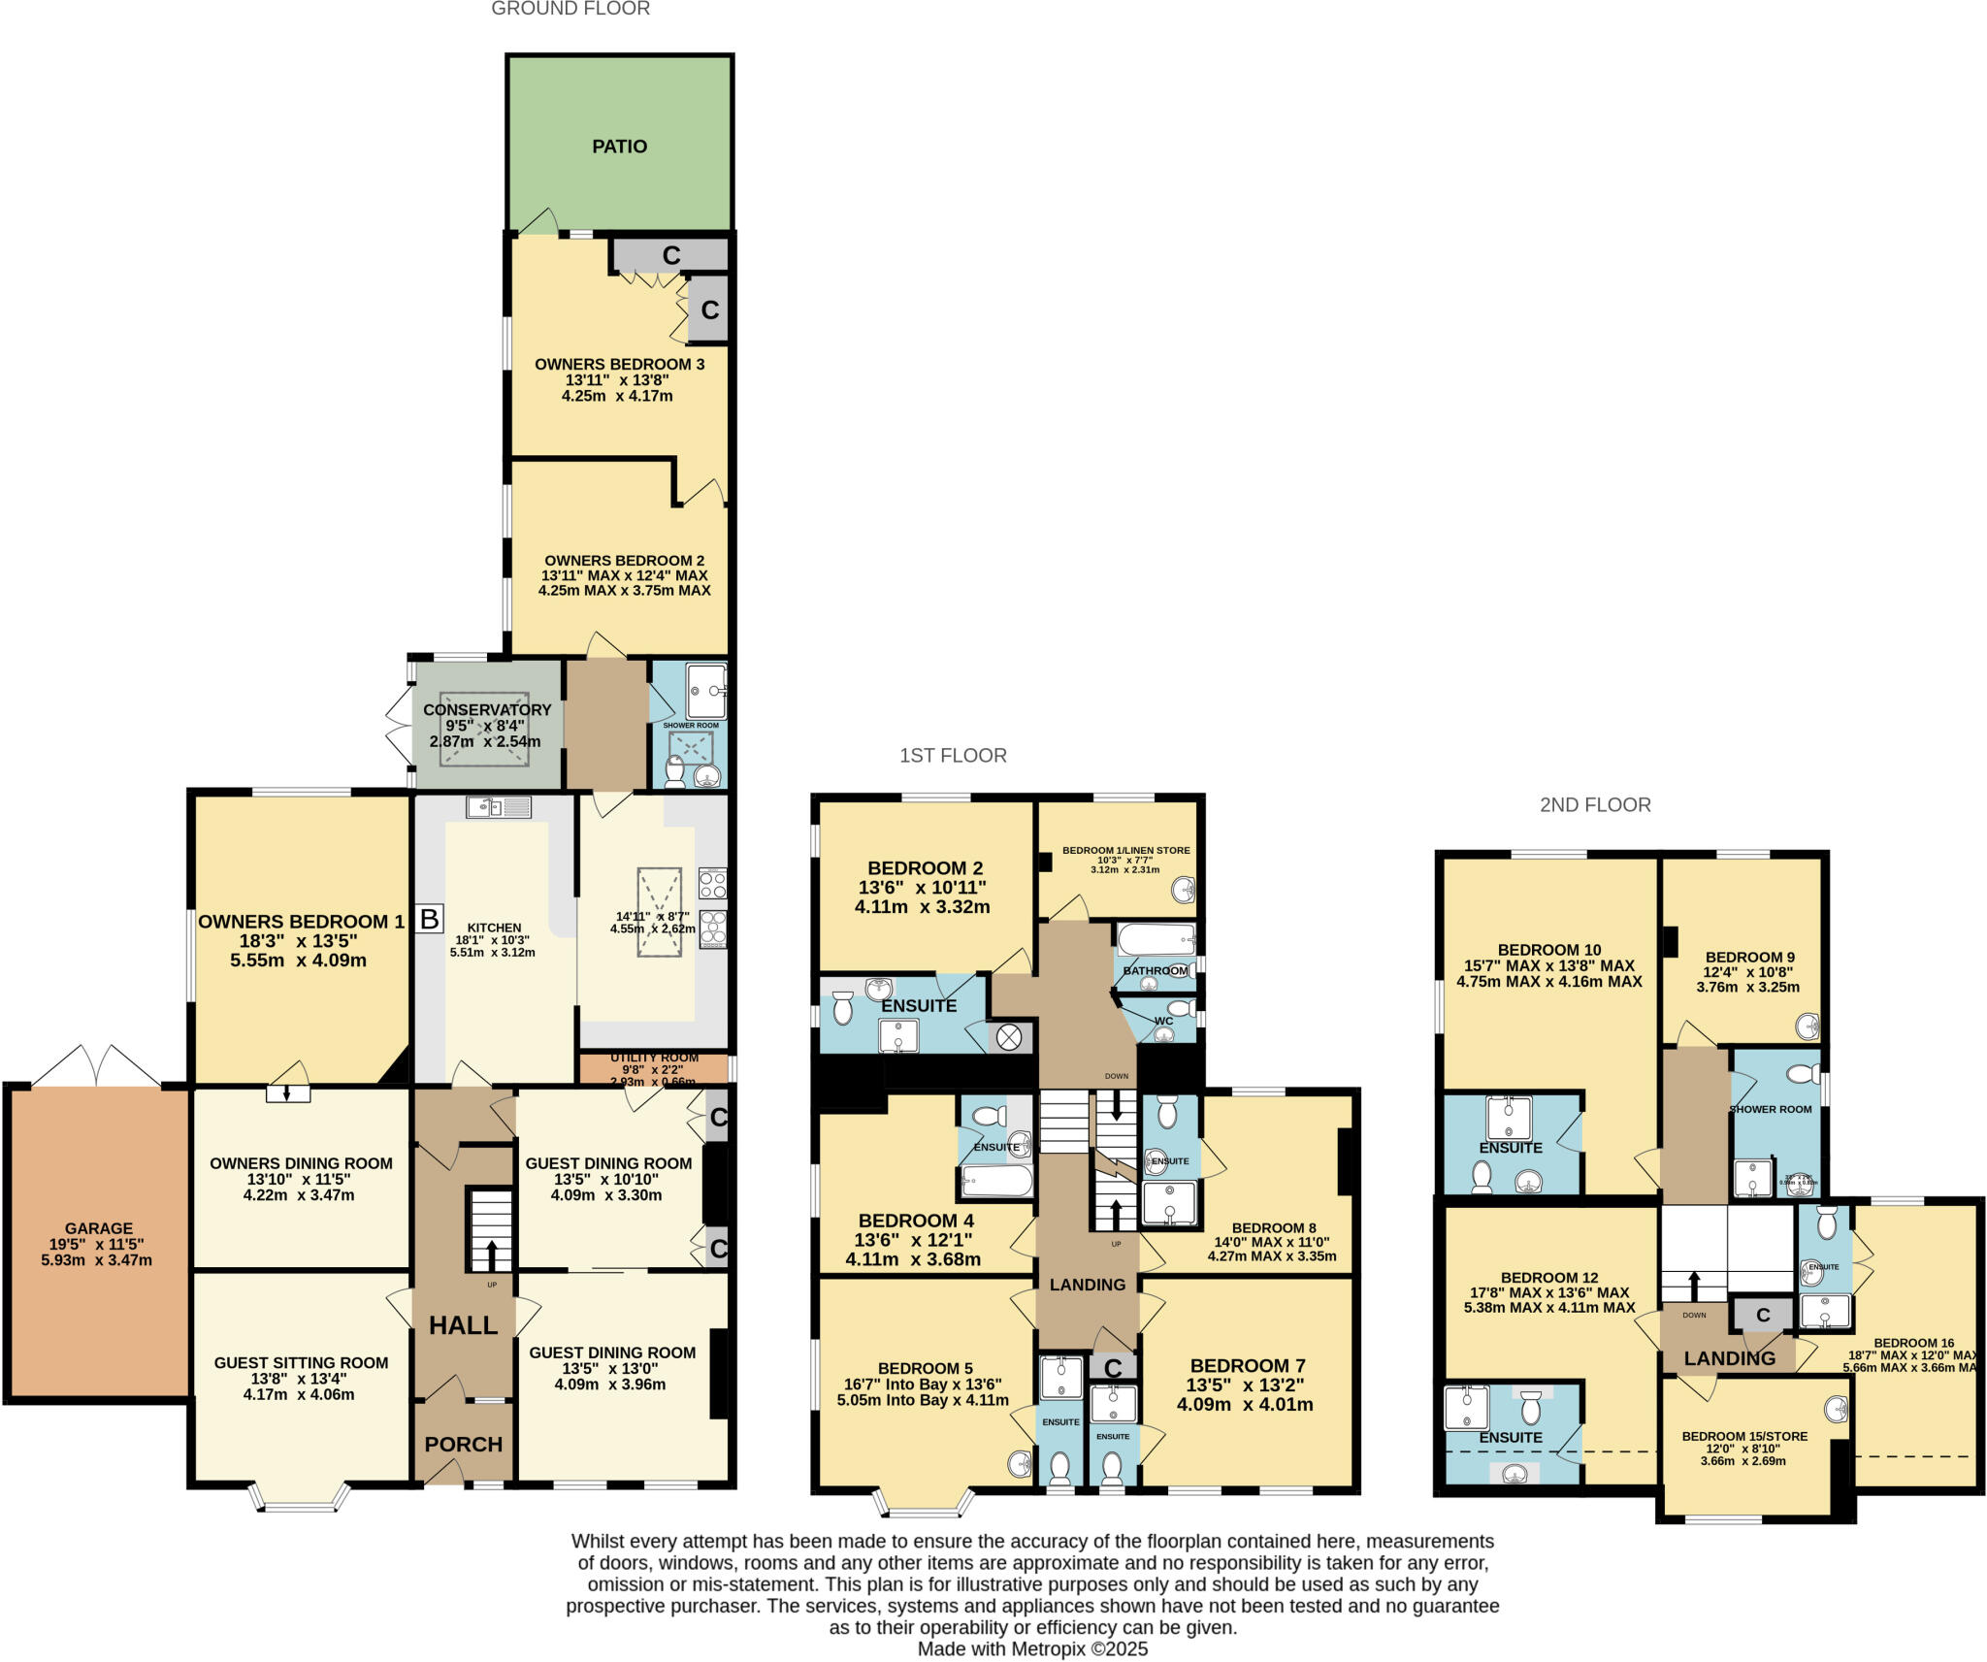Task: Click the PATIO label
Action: [x=619, y=147]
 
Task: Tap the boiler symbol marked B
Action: [x=429, y=918]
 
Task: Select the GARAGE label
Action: [x=98, y=1227]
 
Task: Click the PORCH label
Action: [x=464, y=1444]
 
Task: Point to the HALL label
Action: [x=464, y=1325]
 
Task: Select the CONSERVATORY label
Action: [x=486, y=709]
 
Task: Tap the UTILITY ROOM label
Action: [x=654, y=1058]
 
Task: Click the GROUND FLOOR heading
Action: [x=570, y=9]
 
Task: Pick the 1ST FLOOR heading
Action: [x=953, y=755]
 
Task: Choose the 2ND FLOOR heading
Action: [x=1595, y=804]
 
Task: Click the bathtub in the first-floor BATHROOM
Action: [x=1155, y=939]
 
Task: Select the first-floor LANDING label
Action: [x=1088, y=1285]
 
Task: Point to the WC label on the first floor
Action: [x=1163, y=1021]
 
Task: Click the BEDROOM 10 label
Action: [x=1549, y=950]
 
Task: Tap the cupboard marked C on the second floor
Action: [x=1763, y=1315]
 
